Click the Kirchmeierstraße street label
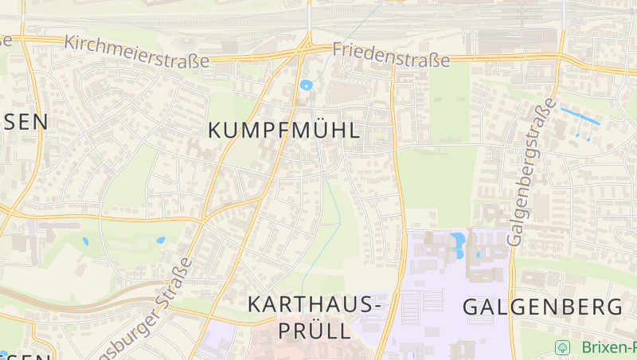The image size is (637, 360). (136, 50)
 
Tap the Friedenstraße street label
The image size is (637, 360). (391, 54)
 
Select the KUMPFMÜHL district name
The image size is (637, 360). (284, 131)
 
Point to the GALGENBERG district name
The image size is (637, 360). (542, 307)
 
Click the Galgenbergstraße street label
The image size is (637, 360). (530, 172)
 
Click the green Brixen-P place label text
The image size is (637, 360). (608, 347)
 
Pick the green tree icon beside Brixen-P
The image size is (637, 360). (563, 347)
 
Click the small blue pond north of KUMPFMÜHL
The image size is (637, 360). (306, 84)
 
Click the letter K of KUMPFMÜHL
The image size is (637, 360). (216, 131)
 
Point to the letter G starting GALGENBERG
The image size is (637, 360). (471, 307)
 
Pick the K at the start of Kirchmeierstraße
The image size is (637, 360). (68, 40)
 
